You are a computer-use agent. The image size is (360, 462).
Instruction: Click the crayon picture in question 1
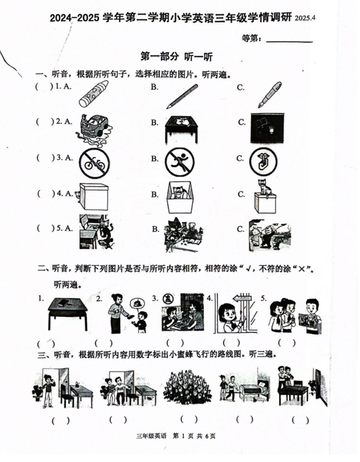pos(93,94)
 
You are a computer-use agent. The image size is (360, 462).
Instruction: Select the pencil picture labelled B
pos(182,96)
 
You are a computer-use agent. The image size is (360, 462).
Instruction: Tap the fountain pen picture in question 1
pos(270,94)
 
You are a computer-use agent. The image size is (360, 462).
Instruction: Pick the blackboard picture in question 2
pos(267,128)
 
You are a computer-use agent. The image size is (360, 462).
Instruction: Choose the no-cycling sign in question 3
pos(95,164)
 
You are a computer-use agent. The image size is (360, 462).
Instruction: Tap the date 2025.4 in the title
pos(306,18)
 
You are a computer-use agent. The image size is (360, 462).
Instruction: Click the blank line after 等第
pos(290,42)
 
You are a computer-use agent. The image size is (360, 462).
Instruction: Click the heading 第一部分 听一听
pos(176,57)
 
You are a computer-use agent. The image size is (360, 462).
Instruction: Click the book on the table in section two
pos(64,302)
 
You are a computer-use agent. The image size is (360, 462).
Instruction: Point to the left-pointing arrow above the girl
pos(241,299)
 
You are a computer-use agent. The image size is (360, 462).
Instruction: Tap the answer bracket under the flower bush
pos(189,419)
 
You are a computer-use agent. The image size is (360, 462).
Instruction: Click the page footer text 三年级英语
pos(151,436)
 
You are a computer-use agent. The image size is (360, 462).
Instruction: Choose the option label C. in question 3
pos(240,159)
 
